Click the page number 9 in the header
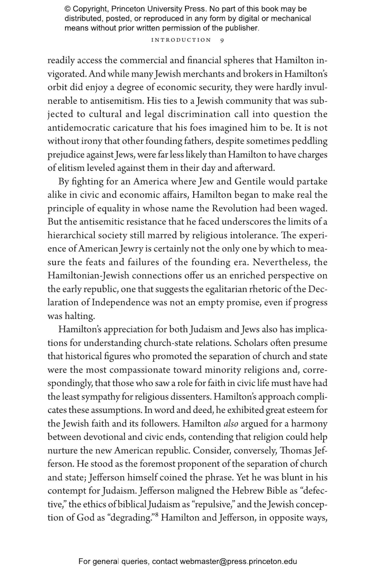222,40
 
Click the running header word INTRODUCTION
181,40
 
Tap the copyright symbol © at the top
67,9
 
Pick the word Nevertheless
282,262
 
